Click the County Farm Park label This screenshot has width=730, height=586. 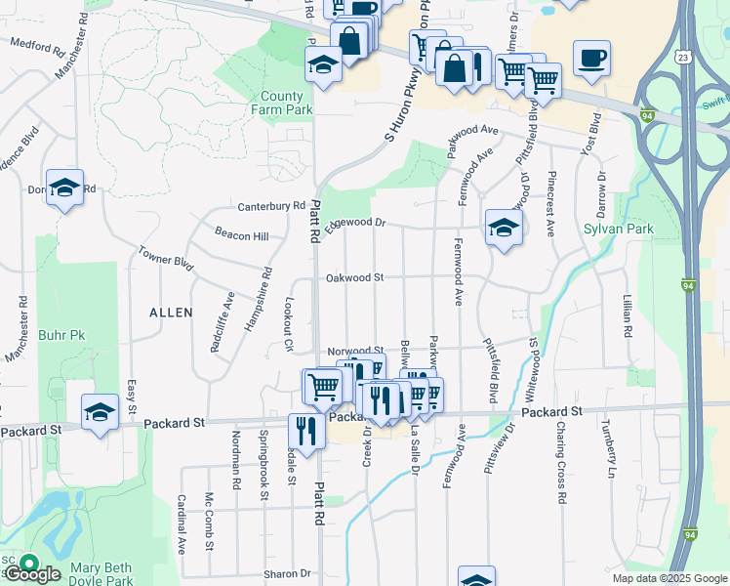click(286, 104)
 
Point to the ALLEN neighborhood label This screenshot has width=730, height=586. click(171, 312)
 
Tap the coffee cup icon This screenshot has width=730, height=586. click(591, 59)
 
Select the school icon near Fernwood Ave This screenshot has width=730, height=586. click(503, 229)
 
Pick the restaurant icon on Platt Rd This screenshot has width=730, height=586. click(306, 431)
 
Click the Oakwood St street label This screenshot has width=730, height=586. click(355, 277)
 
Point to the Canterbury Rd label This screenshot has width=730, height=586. click(272, 207)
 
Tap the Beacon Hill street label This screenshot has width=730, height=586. click(241, 236)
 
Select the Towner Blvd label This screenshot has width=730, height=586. click(166, 259)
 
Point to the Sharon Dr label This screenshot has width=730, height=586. click(286, 574)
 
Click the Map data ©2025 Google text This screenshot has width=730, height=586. click(669, 578)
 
